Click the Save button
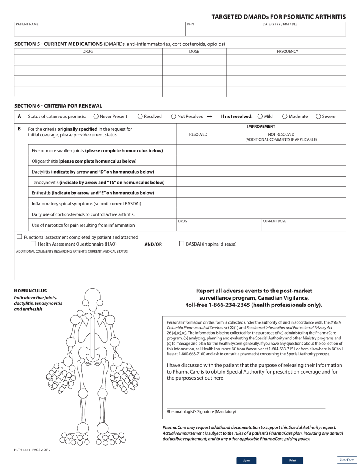(246, 460)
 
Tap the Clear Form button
(347, 460)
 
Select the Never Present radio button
(96, 117)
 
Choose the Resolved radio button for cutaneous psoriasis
(140, 117)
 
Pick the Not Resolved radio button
(174, 117)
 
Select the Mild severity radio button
(260, 117)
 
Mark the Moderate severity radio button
(285, 117)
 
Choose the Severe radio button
(318, 117)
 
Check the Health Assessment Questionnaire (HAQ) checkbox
(33, 244)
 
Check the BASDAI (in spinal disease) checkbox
(182, 244)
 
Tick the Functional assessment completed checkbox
(19, 237)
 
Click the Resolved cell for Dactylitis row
(198, 171)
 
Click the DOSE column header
(194, 52)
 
